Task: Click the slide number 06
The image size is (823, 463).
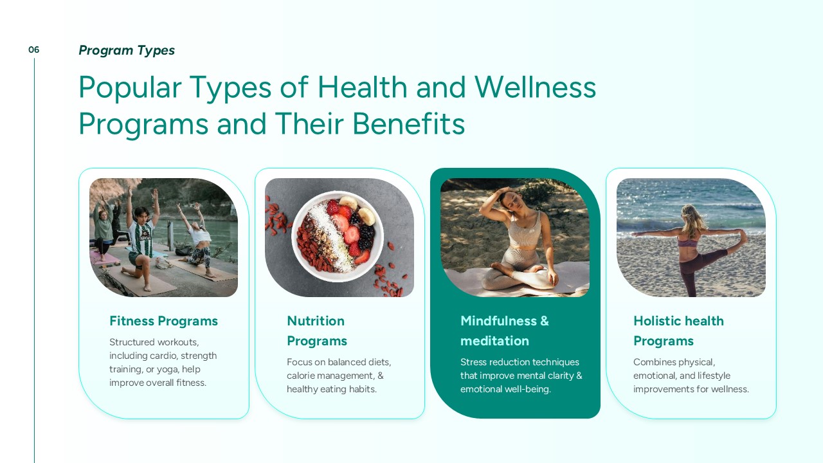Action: [x=33, y=50]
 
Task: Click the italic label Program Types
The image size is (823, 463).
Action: [x=127, y=50]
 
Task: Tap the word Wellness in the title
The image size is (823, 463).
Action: [x=536, y=87]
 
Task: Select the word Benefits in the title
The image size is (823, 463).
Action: [x=408, y=124]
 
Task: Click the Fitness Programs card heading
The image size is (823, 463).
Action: [x=163, y=321]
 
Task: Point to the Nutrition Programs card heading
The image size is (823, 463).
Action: [x=317, y=331]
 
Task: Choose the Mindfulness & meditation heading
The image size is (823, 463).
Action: [x=505, y=331]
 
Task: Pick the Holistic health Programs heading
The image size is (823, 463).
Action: [x=678, y=331]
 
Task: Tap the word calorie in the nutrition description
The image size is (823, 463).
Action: [x=300, y=376]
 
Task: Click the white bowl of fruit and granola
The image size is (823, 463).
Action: [x=338, y=236]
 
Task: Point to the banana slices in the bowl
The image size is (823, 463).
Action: [x=357, y=210]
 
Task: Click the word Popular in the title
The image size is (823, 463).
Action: [x=130, y=88]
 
